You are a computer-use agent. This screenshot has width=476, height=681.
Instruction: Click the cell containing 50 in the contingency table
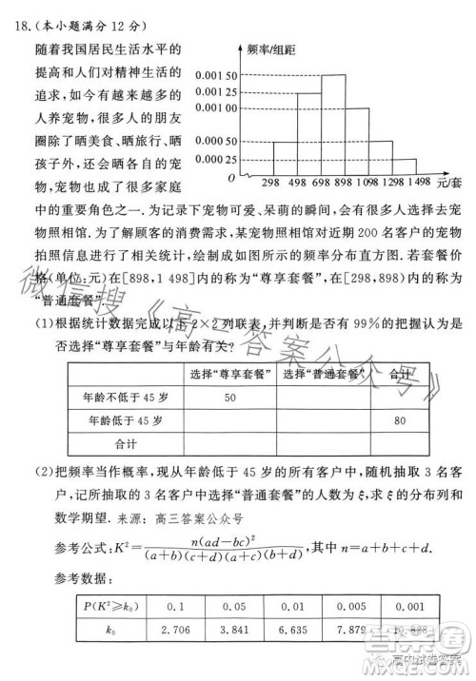pos(229,397)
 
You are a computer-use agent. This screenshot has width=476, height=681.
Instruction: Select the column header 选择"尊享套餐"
pos(232,374)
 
